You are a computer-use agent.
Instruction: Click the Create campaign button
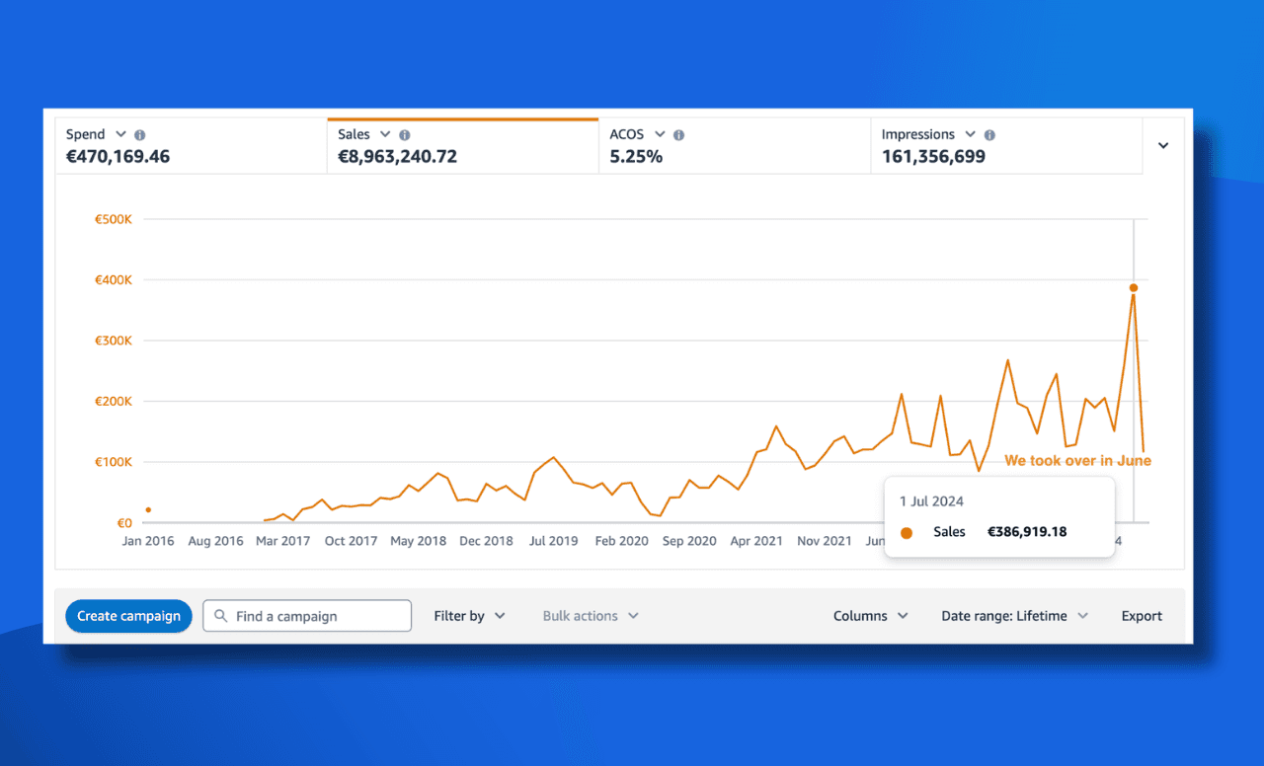coord(128,616)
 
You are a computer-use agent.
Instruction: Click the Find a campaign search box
coord(307,616)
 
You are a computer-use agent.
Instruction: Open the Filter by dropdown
coord(469,616)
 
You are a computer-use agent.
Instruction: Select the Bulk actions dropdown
coord(591,616)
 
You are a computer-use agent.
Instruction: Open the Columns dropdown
coord(870,616)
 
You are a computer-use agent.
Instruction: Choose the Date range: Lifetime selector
coord(1014,616)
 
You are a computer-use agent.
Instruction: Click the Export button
coord(1142,616)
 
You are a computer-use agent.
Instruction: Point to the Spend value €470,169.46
coord(118,156)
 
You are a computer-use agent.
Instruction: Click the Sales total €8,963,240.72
coord(397,156)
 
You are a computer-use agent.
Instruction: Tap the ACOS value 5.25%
coord(636,156)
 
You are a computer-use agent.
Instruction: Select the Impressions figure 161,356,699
coord(933,156)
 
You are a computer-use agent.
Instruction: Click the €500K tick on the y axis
coord(113,219)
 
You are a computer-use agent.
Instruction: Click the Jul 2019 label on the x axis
coord(553,541)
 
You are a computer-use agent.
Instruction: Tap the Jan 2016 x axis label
coord(148,541)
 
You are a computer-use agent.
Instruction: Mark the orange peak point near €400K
coord(1134,288)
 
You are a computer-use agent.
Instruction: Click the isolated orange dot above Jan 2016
coord(148,510)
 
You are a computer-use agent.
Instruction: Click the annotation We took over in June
coord(1077,461)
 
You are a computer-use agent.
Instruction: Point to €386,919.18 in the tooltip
coord(1027,532)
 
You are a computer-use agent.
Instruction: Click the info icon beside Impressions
coord(989,135)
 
